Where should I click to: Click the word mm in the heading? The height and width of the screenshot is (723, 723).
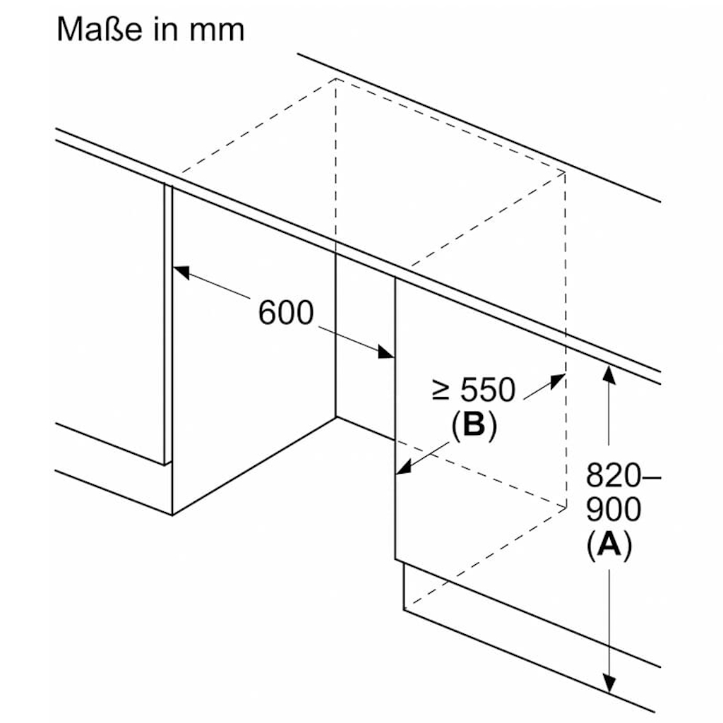[x=219, y=30]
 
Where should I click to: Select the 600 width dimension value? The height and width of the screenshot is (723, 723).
[x=285, y=313]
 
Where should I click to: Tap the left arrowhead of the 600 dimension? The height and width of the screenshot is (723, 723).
[x=181, y=270]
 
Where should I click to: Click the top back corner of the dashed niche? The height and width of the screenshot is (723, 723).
[x=335, y=78]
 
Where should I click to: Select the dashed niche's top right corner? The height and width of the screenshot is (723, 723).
[x=565, y=172]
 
